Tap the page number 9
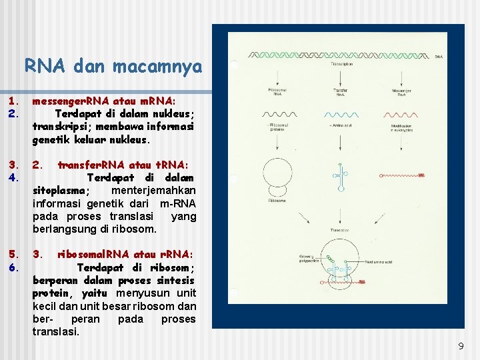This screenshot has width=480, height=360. pyautogui.click(x=461, y=346)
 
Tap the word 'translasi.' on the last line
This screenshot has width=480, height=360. pyautogui.click(x=56, y=331)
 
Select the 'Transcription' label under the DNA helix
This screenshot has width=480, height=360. pyautogui.click(x=341, y=64)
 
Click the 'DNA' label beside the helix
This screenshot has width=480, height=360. pyautogui.click(x=438, y=57)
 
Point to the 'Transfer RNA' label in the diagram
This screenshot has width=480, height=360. pyautogui.click(x=340, y=92)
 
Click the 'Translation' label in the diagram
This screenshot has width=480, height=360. pyautogui.click(x=341, y=230)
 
